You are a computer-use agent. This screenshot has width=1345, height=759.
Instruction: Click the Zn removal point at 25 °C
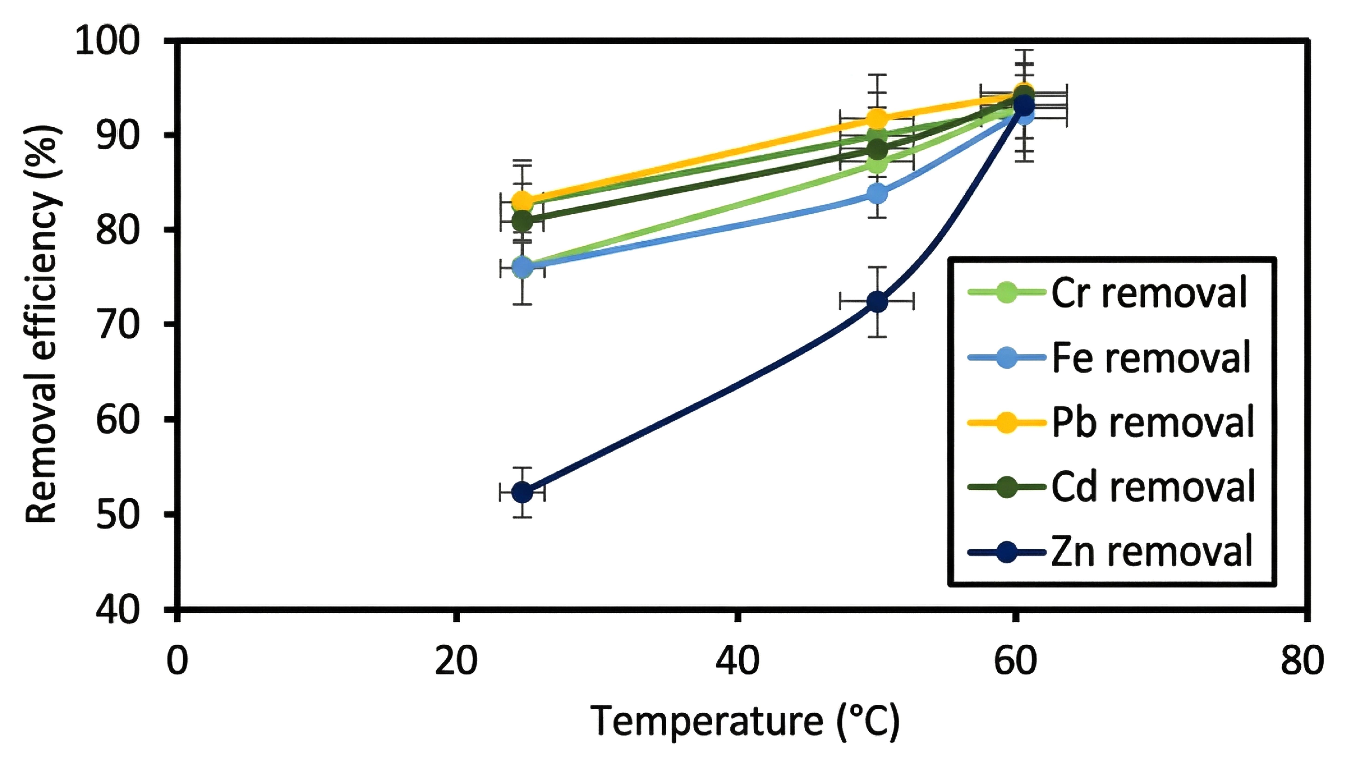coord(522,492)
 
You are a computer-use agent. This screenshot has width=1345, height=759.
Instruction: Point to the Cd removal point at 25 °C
coord(522,222)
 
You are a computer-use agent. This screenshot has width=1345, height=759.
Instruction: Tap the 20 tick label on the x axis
coord(456,661)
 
